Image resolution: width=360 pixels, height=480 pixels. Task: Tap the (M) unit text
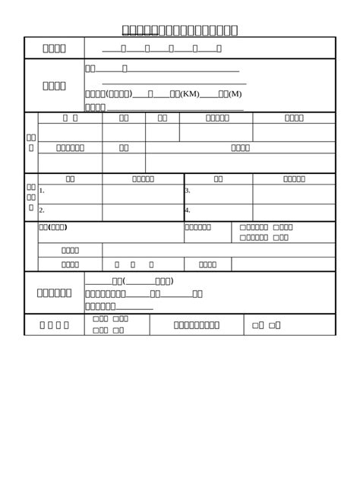click(235, 94)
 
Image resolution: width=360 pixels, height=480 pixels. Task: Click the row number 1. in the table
click(42, 191)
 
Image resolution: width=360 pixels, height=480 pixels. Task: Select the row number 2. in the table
click(42, 210)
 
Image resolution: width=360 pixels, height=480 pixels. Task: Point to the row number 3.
click(188, 191)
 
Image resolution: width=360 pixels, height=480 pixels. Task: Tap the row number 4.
click(188, 210)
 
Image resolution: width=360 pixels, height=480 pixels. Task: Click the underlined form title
click(180, 30)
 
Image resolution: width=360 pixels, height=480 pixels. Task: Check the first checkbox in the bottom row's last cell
click(255, 325)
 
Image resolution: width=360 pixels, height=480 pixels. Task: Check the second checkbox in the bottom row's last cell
click(272, 325)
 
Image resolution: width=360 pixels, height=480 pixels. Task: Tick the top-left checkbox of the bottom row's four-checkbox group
click(95, 319)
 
